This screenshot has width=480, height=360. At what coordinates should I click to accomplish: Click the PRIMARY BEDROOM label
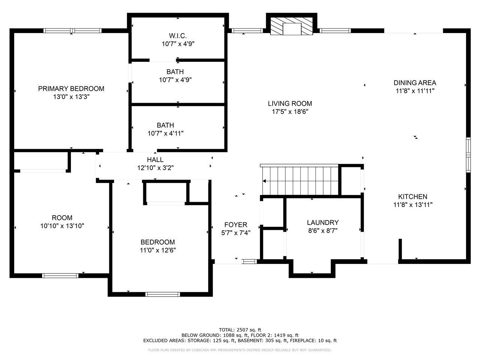point(71,88)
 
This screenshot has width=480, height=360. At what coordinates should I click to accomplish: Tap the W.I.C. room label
point(178,36)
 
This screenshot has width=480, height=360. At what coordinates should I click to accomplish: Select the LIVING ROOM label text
point(290,103)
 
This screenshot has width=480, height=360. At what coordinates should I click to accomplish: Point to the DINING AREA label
point(415,83)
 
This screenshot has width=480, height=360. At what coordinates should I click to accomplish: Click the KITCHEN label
point(412,197)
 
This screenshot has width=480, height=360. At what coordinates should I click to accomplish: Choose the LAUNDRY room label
point(323,222)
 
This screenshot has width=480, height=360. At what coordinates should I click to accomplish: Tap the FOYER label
point(236,225)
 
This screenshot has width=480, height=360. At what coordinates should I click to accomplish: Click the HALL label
point(155,160)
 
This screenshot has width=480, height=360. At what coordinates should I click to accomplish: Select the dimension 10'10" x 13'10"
point(62,226)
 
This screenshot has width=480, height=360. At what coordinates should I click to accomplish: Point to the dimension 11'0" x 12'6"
point(157,250)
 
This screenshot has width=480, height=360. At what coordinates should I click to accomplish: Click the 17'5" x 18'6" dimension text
point(290,112)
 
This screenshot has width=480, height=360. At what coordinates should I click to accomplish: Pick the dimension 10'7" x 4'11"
point(165,133)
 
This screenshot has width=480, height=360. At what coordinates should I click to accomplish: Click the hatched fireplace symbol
point(292,26)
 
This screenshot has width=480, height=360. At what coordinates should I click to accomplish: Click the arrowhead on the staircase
point(264,181)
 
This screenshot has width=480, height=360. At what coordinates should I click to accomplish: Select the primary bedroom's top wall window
point(73,31)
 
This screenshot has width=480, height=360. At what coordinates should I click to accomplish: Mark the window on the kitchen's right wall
point(468,155)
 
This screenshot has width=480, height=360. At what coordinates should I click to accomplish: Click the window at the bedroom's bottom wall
point(163,294)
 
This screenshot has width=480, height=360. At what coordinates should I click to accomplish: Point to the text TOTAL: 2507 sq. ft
point(240,330)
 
